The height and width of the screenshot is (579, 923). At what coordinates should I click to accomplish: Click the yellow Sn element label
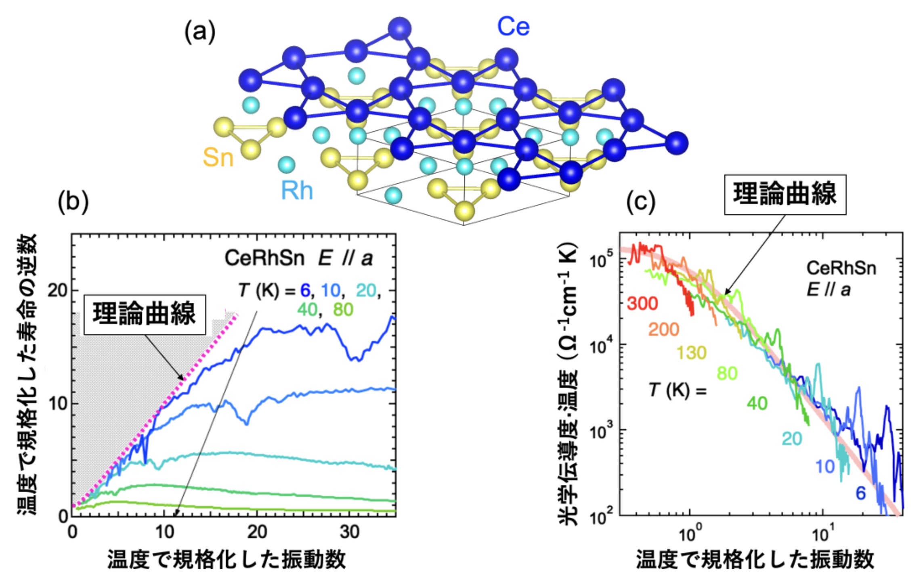(218, 157)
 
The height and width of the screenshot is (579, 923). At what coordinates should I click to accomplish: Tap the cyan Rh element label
(297, 191)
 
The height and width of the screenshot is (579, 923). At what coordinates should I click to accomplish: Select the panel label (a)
(200, 32)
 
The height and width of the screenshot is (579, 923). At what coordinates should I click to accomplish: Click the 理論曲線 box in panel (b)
(144, 315)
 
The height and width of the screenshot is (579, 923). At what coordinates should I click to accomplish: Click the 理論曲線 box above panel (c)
(785, 194)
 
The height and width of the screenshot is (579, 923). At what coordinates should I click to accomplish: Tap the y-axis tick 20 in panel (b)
(57, 290)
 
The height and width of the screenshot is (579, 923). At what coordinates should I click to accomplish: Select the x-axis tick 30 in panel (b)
(350, 532)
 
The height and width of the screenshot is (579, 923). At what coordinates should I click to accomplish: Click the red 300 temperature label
(642, 303)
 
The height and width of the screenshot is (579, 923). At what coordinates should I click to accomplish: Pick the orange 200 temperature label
(664, 329)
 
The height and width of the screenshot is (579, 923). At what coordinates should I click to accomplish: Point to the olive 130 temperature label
(692, 353)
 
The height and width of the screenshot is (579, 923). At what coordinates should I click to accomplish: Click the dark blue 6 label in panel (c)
(860, 493)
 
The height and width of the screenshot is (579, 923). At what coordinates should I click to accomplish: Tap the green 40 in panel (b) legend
(307, 310)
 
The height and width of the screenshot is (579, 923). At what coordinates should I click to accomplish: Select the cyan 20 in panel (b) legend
(366, 290)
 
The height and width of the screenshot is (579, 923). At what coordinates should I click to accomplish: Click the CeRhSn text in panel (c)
(841, 268)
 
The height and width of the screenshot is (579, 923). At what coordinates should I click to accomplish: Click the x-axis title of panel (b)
(227, 560)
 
